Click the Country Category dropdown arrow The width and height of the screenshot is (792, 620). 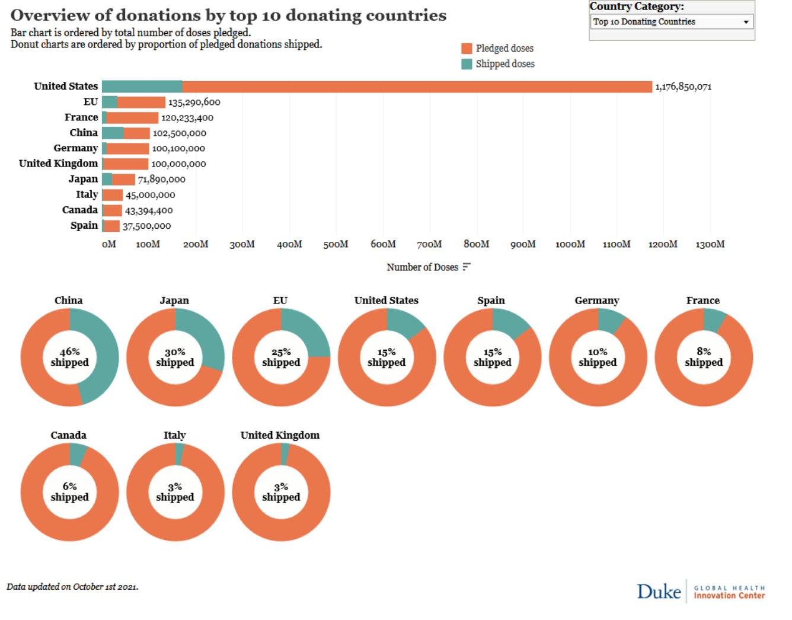coord(746,22)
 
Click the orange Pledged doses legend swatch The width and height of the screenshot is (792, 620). coord(467,49)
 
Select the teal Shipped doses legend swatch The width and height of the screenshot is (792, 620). coord(467,64)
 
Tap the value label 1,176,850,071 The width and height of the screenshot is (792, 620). coord(683,87)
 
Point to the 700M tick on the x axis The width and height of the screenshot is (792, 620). coord(429,244)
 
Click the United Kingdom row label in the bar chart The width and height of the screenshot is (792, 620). coord(58,164)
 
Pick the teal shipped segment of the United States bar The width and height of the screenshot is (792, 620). coord(142,87)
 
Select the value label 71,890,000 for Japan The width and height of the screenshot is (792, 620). coord(161,180)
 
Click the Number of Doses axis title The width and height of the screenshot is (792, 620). coord(422,267)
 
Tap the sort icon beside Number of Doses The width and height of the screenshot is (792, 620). coord(467,267)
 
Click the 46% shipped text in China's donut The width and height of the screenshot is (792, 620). coord(69,357)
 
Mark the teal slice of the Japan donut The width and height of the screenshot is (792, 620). coord(205,338)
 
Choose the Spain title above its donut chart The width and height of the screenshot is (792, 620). coord(491,301)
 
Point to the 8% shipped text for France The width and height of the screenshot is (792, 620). coord(704,357)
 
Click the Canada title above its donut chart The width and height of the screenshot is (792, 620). coord(69,435)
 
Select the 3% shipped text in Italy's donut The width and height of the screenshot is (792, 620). coord(175,492)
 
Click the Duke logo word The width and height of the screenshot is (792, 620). coord(659,592)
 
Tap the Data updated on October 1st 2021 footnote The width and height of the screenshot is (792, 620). coord(72,587)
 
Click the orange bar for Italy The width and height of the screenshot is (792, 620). coord(113,195)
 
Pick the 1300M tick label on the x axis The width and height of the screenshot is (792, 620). coord(710,244)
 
